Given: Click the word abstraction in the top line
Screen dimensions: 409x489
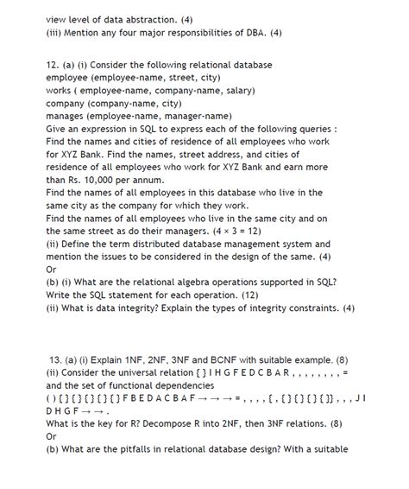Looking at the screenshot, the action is pos(157,18).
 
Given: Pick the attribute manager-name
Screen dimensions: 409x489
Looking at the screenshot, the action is pos(199,115).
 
